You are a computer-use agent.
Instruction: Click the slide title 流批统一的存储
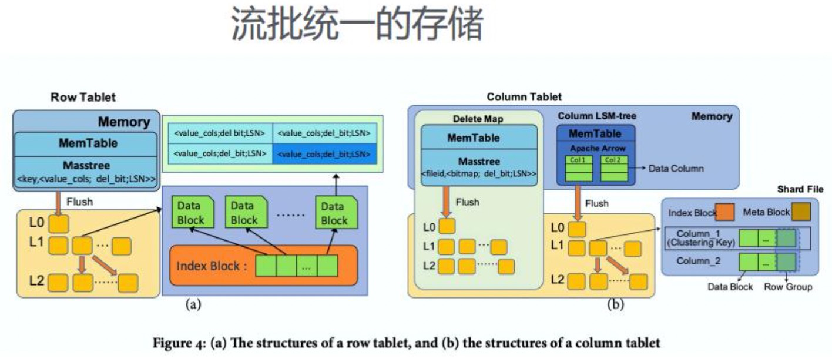coord(358,25)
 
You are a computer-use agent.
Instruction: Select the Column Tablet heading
coord(524,96)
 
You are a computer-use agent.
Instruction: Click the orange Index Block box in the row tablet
coord(264,266)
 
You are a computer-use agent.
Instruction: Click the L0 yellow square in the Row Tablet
coord(58,224)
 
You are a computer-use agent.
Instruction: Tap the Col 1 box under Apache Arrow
coord(578,159)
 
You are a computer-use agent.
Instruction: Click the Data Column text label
coord(676,169)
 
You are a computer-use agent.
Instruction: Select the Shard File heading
coord(800,189)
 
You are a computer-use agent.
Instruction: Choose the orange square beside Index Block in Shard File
coord(725,212)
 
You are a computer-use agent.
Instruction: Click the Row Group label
coord(787,287)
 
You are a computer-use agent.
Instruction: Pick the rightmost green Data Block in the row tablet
coord(333,213)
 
